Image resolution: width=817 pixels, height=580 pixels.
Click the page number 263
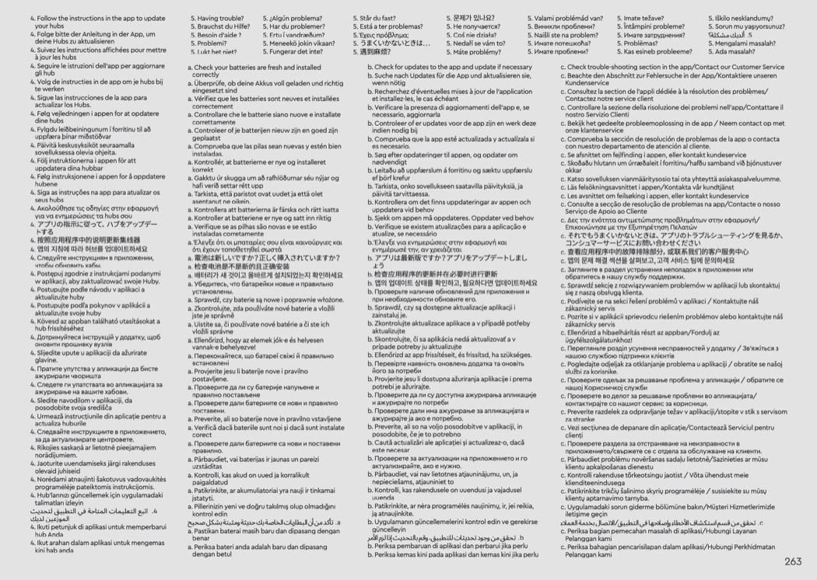(x=793, y=561)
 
